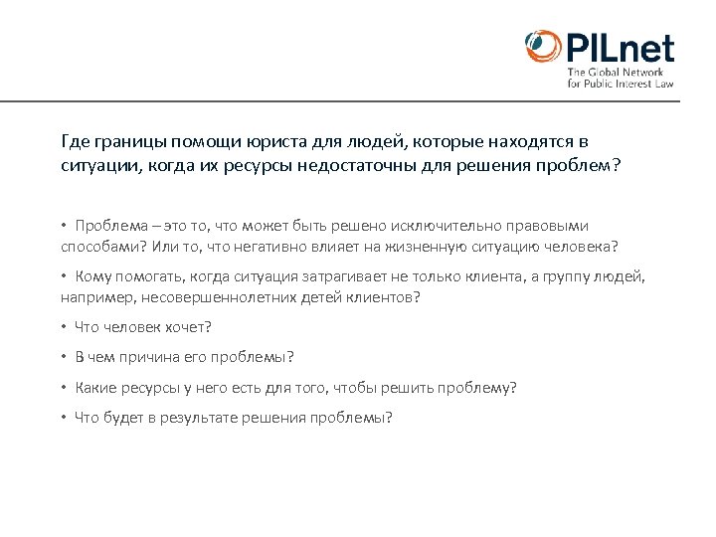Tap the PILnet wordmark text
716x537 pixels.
621,48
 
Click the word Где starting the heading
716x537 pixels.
74,142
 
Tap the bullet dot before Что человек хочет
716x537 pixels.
62,327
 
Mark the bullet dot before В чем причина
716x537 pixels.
62,357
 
